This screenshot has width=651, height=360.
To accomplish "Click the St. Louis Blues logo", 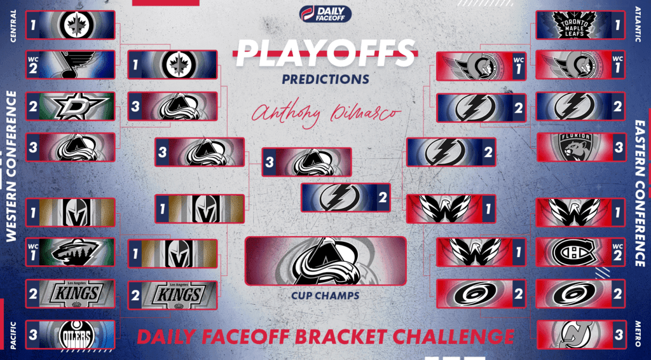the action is (x=76, y=64).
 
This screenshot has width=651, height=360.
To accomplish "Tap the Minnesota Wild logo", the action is (x=75, y=252).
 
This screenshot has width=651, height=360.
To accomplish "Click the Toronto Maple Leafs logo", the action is (x=575, y=25).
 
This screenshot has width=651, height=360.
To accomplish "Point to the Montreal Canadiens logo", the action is (x=574, y=252).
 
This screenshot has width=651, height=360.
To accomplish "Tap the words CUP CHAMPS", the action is (x=325, y=296).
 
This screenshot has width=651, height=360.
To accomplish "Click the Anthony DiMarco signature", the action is (x=326, y=113).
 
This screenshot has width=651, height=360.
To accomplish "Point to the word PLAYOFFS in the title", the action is (x=326, y=53).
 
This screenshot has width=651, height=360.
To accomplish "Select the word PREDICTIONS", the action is (x=326, y=79).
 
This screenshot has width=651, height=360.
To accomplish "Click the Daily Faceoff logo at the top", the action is (x=325, y=14).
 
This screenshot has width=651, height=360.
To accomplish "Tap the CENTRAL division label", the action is (x=14, y=25).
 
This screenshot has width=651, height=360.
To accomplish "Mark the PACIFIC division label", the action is (x=14, y=335).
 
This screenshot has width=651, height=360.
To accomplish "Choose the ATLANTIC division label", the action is (x=638, y=25).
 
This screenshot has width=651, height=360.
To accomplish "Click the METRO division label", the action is (x=638, y=335).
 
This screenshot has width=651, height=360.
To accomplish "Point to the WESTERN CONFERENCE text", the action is (x=11, y=166).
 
